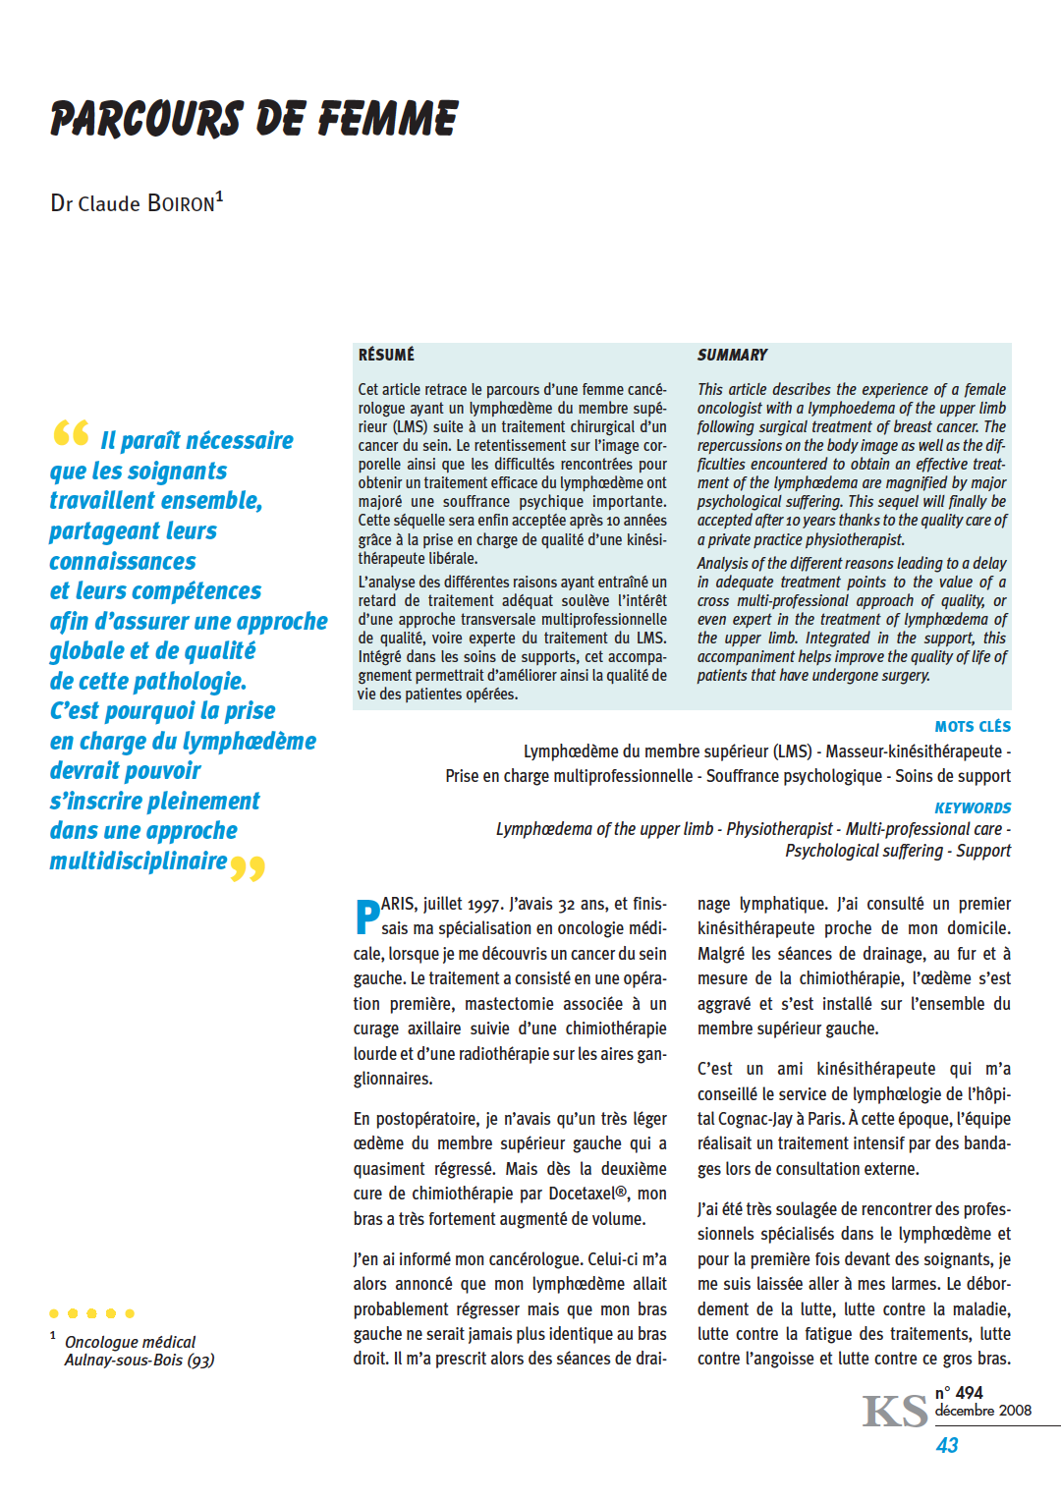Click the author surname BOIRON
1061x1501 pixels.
[181, 203]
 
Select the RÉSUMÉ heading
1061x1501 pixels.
[386, 355]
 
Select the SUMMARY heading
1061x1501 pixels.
[732, 355]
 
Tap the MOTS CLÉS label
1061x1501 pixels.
[973, 727]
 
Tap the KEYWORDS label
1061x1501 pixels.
[973, 807]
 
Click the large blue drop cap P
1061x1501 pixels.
[366, 917]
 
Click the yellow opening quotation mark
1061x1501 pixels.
[72, 433]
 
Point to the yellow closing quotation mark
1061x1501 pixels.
[248, 869]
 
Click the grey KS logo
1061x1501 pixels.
[895, 1412]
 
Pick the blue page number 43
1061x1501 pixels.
[947, 1445]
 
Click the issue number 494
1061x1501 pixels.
[969, 1393]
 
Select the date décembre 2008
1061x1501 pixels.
[982, 1411]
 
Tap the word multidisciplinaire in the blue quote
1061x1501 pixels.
[139, 862]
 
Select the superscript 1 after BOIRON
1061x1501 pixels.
[220, 196]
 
